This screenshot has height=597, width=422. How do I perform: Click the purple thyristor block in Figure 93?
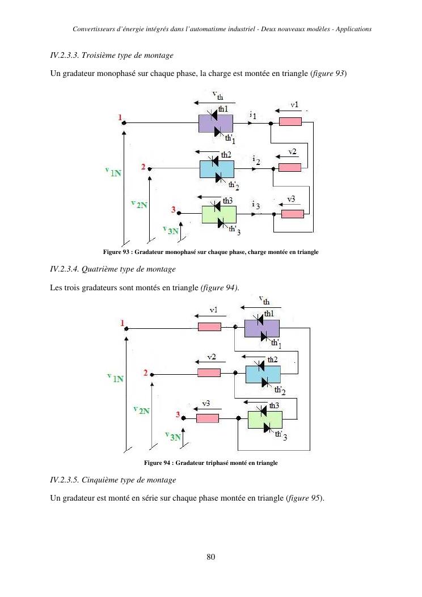click(x=216, y=123)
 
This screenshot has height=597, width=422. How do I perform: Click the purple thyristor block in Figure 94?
click(x=261, y=328)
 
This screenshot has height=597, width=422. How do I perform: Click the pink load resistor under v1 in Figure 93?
click(x=290, y=122)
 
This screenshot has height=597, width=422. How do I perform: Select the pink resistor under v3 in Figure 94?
click(x=208, y=418)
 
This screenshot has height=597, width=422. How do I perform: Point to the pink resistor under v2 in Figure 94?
click(x=209, y=372)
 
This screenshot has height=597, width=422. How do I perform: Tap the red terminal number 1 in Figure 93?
click(x=120, y=117)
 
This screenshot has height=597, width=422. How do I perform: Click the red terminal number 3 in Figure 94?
click(x=178, y=416)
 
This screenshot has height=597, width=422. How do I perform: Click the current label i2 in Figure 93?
click(x=256, y=160)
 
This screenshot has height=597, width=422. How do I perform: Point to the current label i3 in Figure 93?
click(x=256, y=205)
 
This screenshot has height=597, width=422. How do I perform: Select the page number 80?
click(x=211, y=557)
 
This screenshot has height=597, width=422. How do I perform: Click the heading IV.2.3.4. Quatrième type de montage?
click(x=113, y=269)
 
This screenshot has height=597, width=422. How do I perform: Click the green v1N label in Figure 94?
click(x=115, y=377)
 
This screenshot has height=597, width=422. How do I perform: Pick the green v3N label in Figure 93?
click(x=170, y=230)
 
